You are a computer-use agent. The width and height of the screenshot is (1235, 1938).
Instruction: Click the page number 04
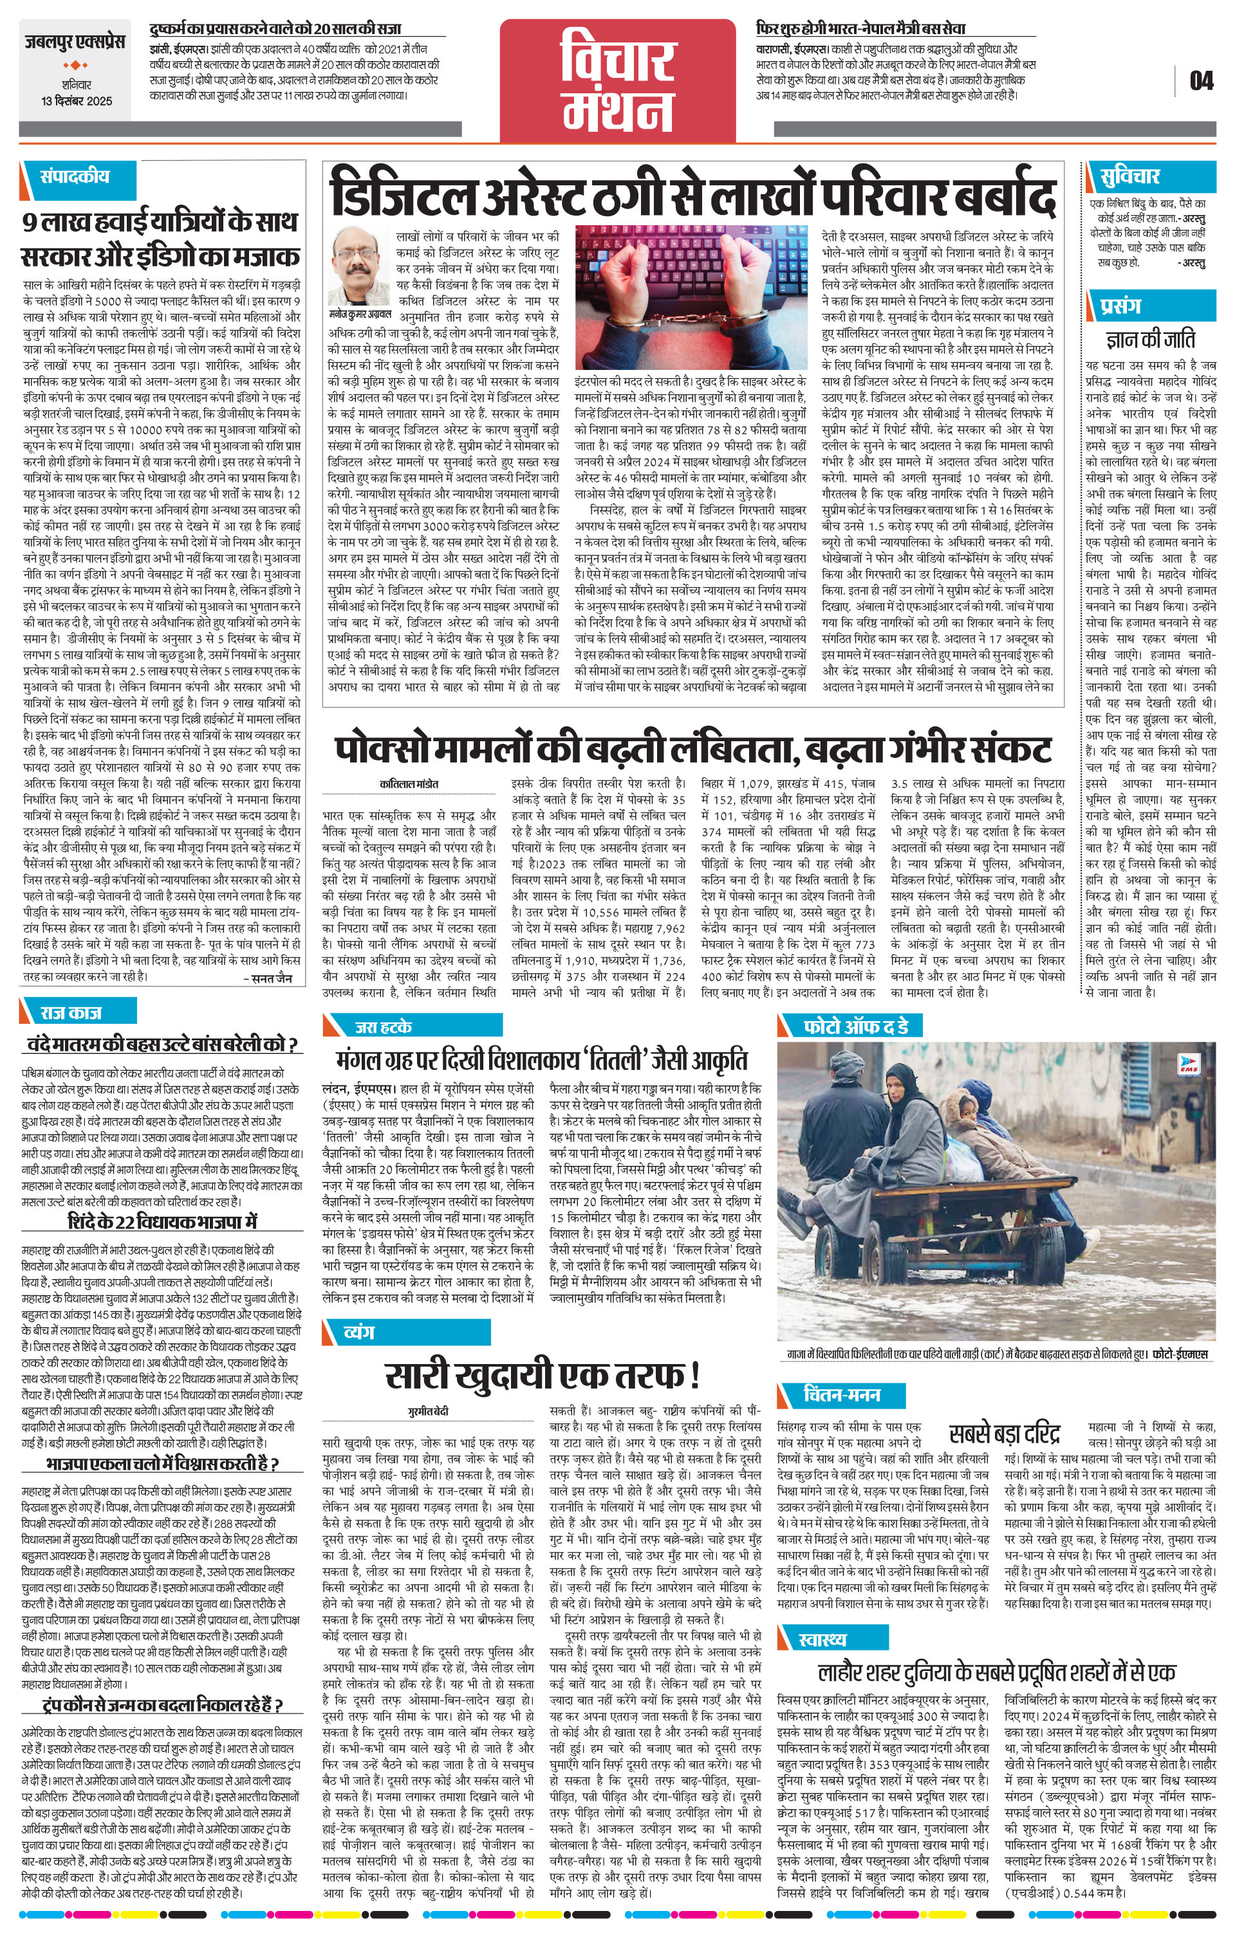click(x=1200, y=81)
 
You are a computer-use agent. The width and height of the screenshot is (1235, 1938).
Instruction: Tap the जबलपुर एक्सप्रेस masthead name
click(x=73, y=42)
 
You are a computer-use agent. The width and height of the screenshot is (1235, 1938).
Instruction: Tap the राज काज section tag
click(x=73, y=1013)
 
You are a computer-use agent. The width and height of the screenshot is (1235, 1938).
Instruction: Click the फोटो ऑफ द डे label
click(x=856, y=1026)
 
